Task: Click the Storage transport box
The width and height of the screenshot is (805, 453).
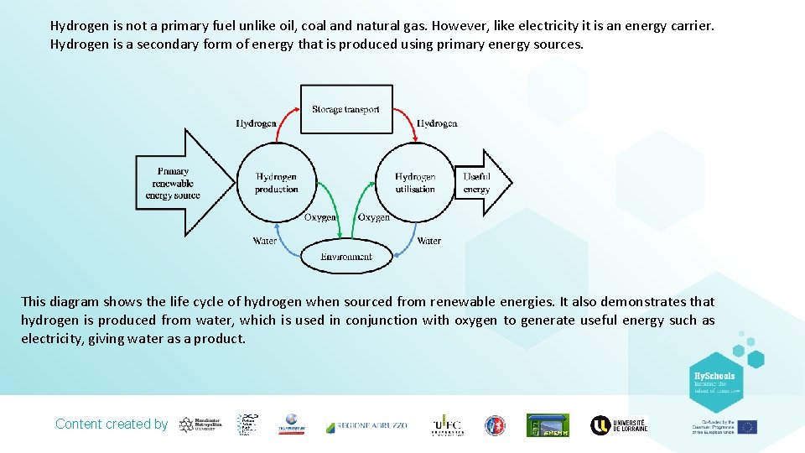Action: (x=345, y=109)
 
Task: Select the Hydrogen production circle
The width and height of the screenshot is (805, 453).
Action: (x=276, y=183)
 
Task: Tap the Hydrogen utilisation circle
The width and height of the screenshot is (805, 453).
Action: (x=415, y=183)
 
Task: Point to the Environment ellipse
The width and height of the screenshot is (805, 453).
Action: (x=345, y=256)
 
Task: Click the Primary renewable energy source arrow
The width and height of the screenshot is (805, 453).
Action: (x=180, y=182)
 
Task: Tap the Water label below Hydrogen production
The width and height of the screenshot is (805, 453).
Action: (x=265, y=241)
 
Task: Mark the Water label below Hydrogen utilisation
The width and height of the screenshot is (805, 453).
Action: (x=428, y=241)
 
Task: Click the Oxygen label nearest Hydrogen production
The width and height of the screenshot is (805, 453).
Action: (x=319, y=217)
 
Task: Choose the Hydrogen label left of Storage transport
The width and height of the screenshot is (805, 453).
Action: (x=256, y=123)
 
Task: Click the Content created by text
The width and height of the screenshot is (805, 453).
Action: (x=112, y=424)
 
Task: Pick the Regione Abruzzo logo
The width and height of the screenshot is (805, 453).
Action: (x=366, y=425)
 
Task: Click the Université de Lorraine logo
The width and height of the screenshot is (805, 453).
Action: (x=619, y=425)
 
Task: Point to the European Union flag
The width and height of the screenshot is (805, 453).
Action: (x=747, y=427)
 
